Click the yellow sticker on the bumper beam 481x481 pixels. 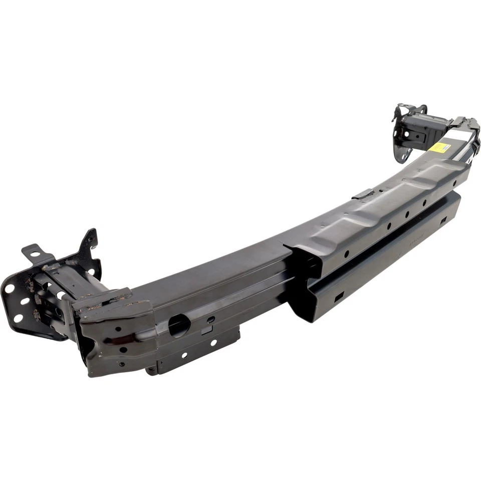point(439,148)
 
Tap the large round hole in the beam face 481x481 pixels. point(179,326)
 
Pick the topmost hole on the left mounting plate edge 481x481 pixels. point(9,289)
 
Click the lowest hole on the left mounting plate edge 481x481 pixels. point(18,319)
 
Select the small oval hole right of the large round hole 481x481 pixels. point(211,319)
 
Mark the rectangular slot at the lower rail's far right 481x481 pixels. point(444,220)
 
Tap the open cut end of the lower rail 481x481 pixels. point(306,301)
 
